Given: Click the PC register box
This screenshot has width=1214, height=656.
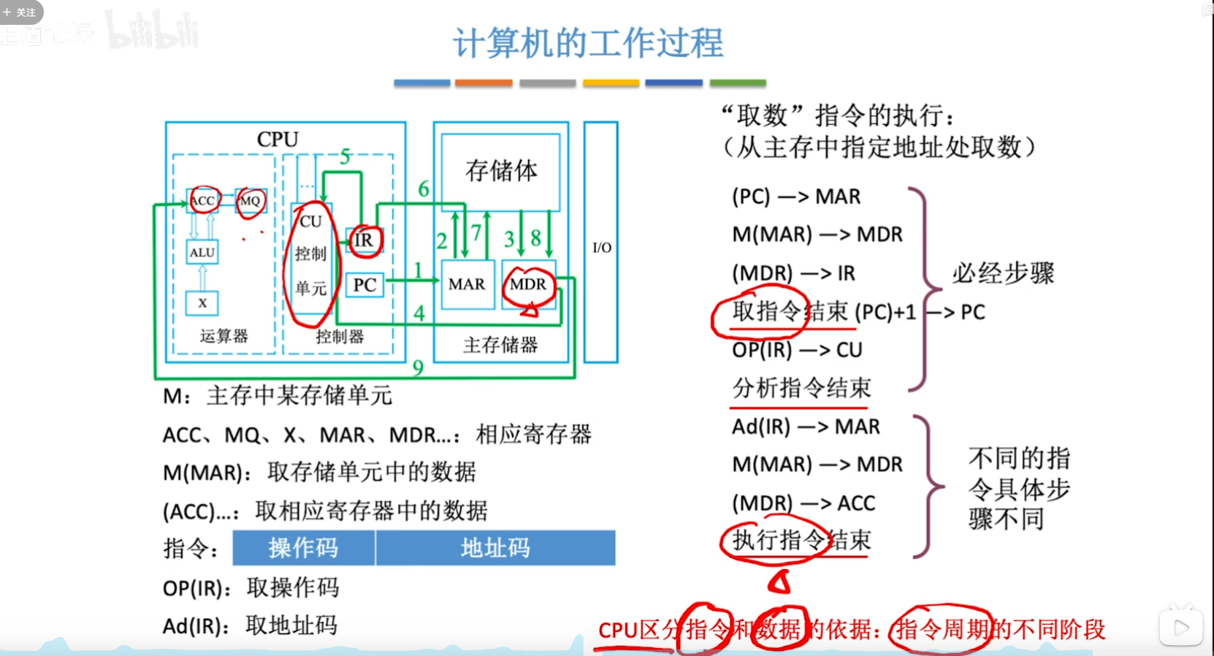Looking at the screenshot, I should pyautogui.click(x=364, y=285).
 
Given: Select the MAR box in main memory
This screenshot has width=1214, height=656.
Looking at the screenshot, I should pyautogui.click(x=467, y=284).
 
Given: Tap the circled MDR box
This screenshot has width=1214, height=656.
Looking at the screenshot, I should pyautogui.click(x=528, y=284).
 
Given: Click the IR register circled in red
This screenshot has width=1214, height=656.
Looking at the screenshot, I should pyautogui.click(x=364, y=240).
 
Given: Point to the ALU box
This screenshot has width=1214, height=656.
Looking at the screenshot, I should pyautogui.click(x=202, y=253).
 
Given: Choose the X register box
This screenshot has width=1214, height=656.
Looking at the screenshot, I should pyautogui.click(x=202, y=302).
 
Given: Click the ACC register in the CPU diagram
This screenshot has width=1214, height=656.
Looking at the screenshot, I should pyautogui.click(x=202, y=200).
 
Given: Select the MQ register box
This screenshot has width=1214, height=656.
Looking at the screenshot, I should pyautogui.click(x=250, y=201).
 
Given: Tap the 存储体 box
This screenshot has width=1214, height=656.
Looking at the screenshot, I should pyautogui.click(x=501, y=172).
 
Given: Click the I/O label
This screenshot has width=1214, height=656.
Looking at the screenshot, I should pyautogui.click(x=602, y=248).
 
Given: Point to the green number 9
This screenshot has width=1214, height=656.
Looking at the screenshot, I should pyautogui.click(x=418, y=367).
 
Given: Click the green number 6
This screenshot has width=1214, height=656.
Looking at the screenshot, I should pyautogui.click(x=424, y=189).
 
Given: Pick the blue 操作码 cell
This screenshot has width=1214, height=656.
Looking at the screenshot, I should pyautogui.click(x=303, y=548).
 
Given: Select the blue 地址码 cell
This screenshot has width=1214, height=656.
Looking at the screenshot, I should pyautogui.click(x=495, y=548).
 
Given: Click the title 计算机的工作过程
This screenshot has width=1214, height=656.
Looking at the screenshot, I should pyautogui.click(x=588, y=43).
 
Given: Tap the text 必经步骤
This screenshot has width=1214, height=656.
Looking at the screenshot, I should pyautogui.click(x=1003, y=273).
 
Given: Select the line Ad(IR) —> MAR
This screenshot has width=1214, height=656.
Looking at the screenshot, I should pyautogui.click(x=806, y=427).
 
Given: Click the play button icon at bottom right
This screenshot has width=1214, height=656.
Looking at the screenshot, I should pyautogui.click(x=1180, y=627).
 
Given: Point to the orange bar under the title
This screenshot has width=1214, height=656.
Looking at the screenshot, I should pyautogui.click(x=484, y=83).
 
